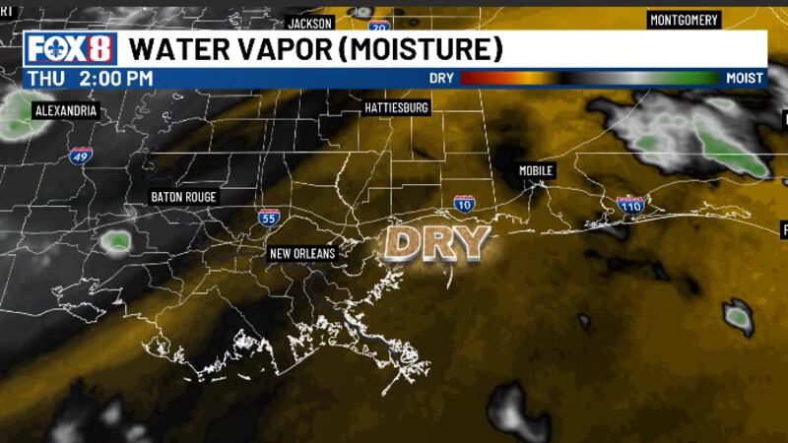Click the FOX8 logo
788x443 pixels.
point(70,48)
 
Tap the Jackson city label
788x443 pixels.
point(310,23)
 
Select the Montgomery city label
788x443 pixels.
point(685,20)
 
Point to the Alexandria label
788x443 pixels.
point(66,110)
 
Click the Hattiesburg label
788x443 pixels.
point(397,107)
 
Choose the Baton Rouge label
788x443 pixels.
point(183,197)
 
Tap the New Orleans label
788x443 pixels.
point(302,253)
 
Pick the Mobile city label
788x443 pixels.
point(537,171)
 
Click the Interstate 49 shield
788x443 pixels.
point(81,156)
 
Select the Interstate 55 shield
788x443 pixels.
point(268,217)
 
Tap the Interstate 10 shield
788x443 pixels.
point(464,203)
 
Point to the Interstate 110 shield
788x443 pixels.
point(630,204)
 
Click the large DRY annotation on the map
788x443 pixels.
point(436,242)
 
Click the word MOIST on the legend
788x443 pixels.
point(745,78)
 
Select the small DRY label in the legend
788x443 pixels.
point(442,78)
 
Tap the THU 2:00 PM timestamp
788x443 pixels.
point(90,78)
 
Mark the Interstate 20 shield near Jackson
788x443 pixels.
point(380,27)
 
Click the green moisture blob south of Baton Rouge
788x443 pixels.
point(117,239)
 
